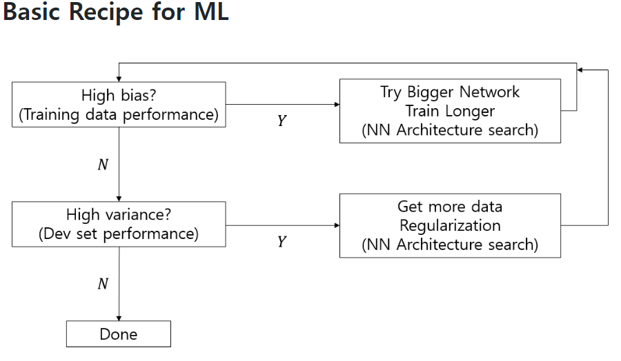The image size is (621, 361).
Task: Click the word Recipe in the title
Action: (106, 12)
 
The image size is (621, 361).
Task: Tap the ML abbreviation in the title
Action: (212, 12)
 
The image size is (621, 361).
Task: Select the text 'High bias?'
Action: (119, 95)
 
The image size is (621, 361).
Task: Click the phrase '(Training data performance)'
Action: (119, 114)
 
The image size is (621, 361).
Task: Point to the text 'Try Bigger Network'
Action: (450, 92)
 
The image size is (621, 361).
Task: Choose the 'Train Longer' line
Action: (450, 111)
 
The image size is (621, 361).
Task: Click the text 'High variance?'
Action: (119, 215)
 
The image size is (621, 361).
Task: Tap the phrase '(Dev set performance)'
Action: (119, 234)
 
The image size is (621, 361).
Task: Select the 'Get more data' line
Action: (450, 207)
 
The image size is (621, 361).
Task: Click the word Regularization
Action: (450, 225)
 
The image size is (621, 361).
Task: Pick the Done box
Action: (119, 334)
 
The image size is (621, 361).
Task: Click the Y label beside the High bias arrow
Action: (282, 120)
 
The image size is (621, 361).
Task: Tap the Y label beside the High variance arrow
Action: (282, 241)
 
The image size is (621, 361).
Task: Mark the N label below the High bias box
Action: (103, 165)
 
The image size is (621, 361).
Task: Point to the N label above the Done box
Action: (103, 284)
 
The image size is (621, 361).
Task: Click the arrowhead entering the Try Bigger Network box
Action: (337, 105)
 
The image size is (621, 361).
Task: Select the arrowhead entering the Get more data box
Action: (337, 225)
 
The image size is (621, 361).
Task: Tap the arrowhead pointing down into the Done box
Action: (119, 318)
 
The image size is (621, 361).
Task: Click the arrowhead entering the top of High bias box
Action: (119, 79)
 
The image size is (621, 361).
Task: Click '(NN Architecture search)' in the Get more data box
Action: (450, 245)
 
